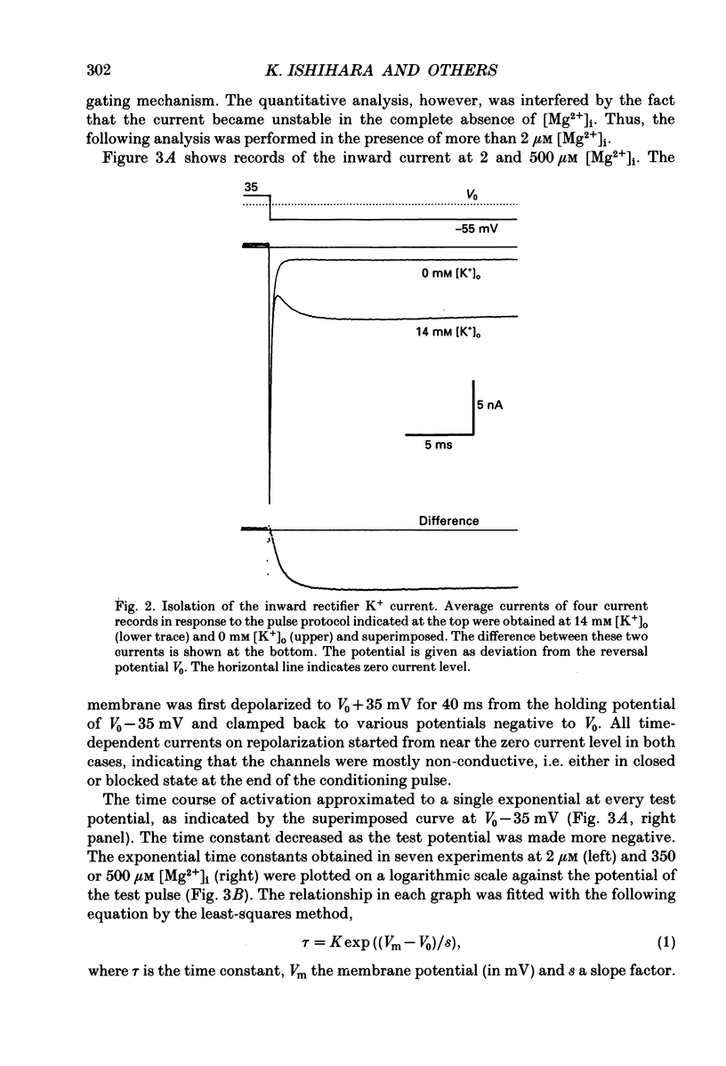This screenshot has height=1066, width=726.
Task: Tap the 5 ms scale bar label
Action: point(438,445)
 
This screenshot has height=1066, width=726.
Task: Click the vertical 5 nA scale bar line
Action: point(472,406)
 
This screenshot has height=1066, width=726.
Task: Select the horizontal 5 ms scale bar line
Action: point(439,434)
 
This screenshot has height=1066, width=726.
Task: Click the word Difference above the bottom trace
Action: point(448,521)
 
